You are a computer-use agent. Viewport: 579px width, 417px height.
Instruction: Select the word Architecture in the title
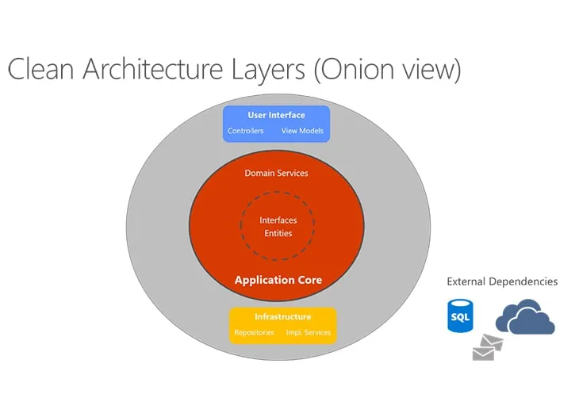point(139,69)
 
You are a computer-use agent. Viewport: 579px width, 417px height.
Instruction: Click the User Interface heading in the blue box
point(276,115)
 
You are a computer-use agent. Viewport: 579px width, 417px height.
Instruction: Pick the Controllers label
point(246,131)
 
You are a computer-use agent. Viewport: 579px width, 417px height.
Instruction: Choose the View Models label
point(302,131)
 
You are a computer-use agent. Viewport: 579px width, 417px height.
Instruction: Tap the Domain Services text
point(276,173)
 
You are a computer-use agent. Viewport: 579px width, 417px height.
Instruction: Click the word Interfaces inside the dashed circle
point(278,220)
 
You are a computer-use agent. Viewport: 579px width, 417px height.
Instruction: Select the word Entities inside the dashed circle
point(278,233)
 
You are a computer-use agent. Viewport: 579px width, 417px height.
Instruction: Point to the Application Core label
point(278,280)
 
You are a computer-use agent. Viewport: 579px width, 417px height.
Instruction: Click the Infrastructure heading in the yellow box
point(282,317)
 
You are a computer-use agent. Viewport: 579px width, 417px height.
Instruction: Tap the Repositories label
point(255,332)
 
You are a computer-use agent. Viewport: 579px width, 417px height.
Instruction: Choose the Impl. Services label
point(309,332)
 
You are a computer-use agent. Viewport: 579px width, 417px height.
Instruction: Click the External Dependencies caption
point(502,281)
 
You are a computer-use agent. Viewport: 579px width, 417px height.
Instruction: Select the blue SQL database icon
point(460,316)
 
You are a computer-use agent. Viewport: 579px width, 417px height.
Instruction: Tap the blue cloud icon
point(525,317)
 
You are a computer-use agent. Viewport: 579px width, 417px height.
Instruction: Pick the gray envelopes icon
point(487,346)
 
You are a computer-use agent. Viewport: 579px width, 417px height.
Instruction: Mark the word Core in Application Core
point(307,280)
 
